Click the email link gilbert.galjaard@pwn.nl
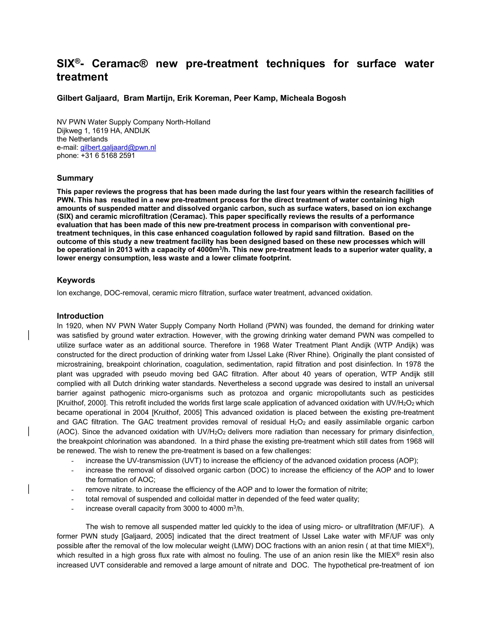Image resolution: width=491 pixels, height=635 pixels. pos(118,147)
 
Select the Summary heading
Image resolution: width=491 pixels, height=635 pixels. pos(75,178)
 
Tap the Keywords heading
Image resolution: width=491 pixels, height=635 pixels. pos(76,280)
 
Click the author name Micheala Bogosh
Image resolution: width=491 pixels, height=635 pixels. pos(313,98)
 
